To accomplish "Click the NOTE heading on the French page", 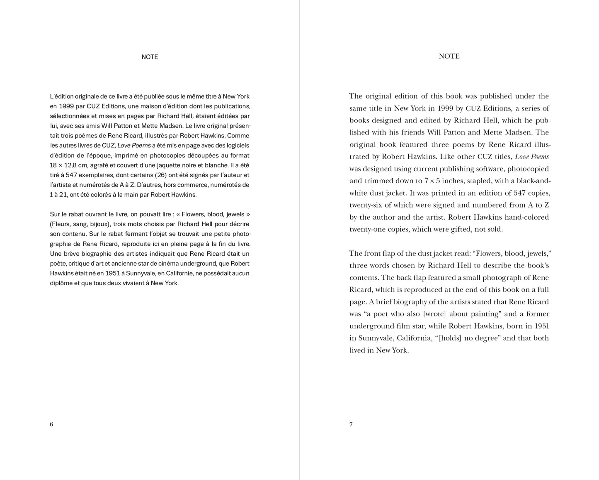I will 150,57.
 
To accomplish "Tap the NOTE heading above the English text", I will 449,56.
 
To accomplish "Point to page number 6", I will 51,424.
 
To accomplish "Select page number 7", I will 351,424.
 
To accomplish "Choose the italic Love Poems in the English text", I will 532,157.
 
